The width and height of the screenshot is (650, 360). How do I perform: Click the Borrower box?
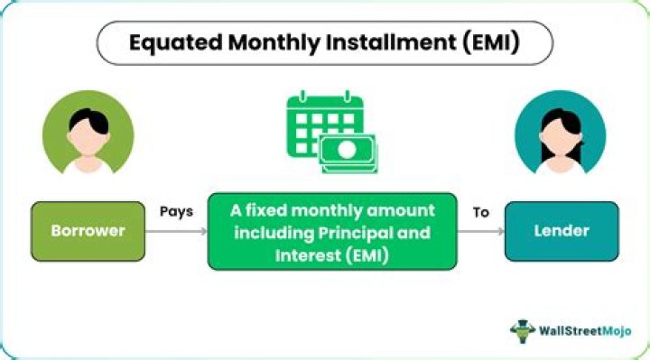point(88,231)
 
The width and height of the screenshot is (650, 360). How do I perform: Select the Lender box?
point(562,231)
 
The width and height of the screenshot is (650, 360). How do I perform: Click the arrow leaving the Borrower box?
point(176,232)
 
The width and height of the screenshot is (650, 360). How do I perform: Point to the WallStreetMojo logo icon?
point(523,330)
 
